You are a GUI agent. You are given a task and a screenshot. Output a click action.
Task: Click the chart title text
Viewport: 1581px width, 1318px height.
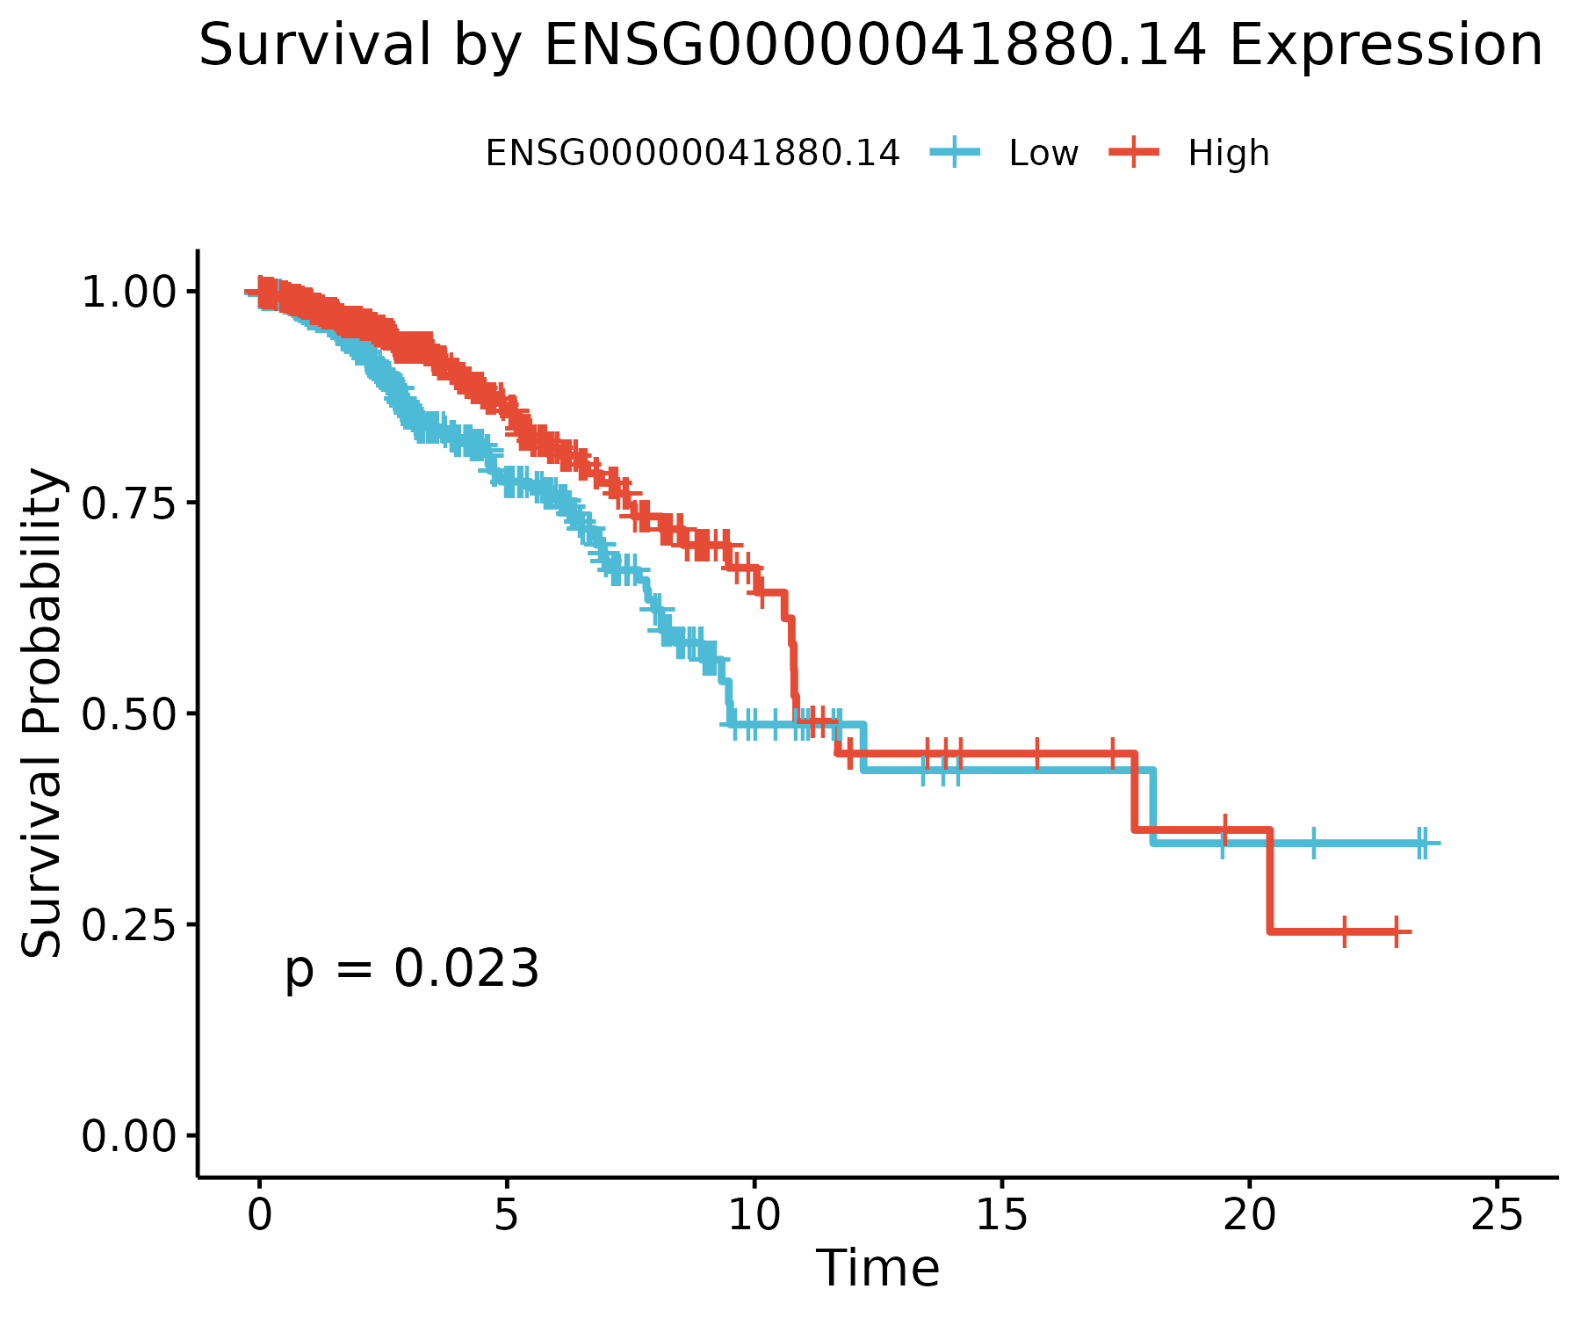pos(870,46)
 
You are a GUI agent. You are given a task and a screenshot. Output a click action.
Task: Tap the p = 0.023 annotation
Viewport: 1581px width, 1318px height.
pos(411,970)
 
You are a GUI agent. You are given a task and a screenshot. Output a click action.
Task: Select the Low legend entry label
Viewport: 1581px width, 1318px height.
pos(1043,154)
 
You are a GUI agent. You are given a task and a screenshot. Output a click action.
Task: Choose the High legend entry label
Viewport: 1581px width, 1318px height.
pos(1228,154)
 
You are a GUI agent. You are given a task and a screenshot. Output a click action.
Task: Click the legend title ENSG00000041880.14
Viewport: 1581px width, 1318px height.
pos(692,154)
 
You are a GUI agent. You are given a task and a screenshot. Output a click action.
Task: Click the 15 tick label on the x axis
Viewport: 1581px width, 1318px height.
pos(1001,1215)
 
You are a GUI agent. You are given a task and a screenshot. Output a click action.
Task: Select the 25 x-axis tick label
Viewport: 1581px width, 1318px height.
pos(1497,1215)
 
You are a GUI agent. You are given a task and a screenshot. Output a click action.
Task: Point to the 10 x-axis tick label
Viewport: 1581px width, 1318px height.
pos(754,1215)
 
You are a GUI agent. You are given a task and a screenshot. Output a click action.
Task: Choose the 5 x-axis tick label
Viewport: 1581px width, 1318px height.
pos(506,1215)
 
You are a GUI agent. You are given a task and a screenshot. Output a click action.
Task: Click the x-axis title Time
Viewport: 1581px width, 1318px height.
pos(877,1268)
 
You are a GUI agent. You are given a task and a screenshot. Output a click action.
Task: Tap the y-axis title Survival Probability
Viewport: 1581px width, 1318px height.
pos(42,713)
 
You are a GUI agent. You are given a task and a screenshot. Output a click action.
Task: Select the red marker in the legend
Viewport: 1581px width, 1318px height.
pos(1134,154)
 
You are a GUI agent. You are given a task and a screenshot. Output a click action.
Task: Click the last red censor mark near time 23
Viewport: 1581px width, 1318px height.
pos(1396,931)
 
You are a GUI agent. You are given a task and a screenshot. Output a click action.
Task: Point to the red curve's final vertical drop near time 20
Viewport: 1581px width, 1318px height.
pos(1270,881)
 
